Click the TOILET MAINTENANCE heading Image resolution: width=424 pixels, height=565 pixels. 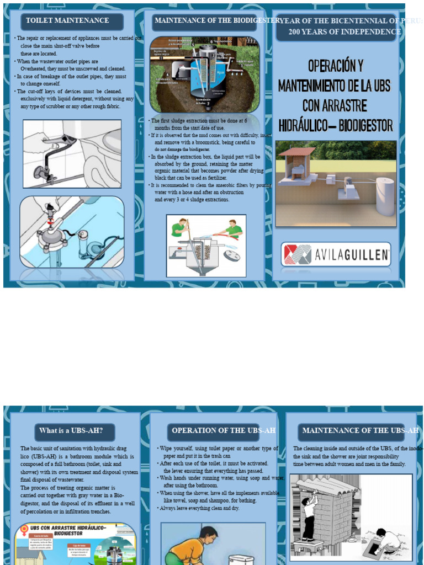coord(67,21)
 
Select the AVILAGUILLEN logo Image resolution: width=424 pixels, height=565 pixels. coord(336,254)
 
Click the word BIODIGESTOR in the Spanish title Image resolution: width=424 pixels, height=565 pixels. coord(365,125)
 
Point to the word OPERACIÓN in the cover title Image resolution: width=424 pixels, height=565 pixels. coord(336,66)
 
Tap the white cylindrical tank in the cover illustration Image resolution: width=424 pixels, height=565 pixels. coord(385,196)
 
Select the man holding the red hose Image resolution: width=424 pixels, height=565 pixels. coord(232,228)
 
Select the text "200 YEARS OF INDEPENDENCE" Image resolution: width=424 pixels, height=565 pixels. coord(344,32)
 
